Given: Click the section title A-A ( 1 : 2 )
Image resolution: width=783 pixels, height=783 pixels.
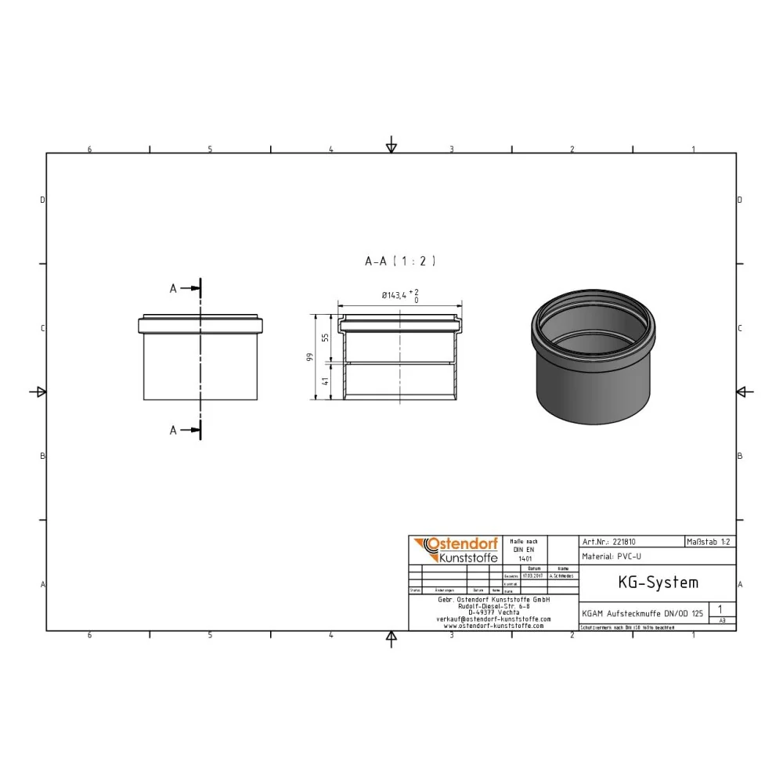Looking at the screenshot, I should click(399, 262).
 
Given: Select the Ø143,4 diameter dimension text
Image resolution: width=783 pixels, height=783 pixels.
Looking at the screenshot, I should click(396, 295).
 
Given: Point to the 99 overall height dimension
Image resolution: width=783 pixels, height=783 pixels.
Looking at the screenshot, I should click(311, 358).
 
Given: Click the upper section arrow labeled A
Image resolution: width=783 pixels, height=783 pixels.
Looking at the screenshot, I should click(186, 288).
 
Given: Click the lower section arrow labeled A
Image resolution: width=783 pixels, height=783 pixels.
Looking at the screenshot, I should click(186, 430).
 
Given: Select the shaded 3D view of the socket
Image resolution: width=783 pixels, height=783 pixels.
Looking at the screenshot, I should click(592, 356).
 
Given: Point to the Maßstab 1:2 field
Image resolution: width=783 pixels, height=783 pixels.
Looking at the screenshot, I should click(709, 541).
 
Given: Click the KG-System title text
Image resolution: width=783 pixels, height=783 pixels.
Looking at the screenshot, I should click(647, 583).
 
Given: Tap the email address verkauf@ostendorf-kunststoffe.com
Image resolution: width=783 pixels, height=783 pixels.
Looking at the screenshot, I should click(493, 619).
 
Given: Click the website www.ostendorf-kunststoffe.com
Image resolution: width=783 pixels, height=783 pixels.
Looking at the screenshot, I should click(493, 626).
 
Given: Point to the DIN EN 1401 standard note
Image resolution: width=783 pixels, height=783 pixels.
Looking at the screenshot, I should click(525, 550).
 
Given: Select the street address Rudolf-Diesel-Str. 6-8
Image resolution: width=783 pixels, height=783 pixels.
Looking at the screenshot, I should click(493, 605).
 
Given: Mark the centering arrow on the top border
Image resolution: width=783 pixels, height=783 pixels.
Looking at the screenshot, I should click(391, 147).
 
